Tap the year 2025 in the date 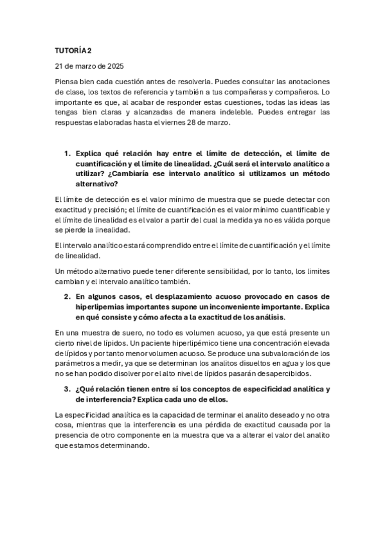[x=114, y=66]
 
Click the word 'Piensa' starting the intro [x=66, y=81]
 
